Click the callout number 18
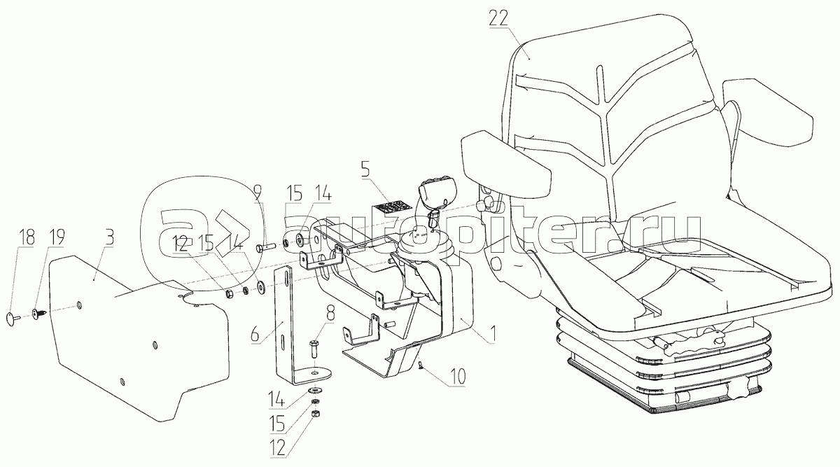click(27, 237)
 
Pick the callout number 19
click(55, 237)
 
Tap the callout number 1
click(493, 335)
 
